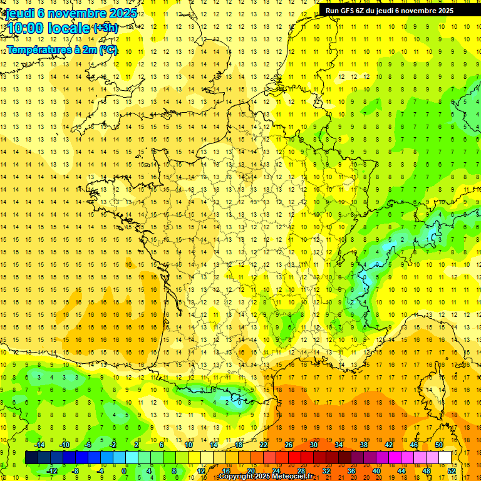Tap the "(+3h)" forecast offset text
[105, 28]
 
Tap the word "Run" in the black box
[333, 11]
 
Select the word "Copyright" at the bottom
[237, 477]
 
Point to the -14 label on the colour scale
[39, 445]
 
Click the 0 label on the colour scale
[124, 470]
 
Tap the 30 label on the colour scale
[314, 445]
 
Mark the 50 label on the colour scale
[439, 445]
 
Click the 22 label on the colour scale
[264, 445]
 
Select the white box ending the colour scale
[445, 458]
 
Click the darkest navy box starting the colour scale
[31, 458]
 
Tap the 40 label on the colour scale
[376, 470]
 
